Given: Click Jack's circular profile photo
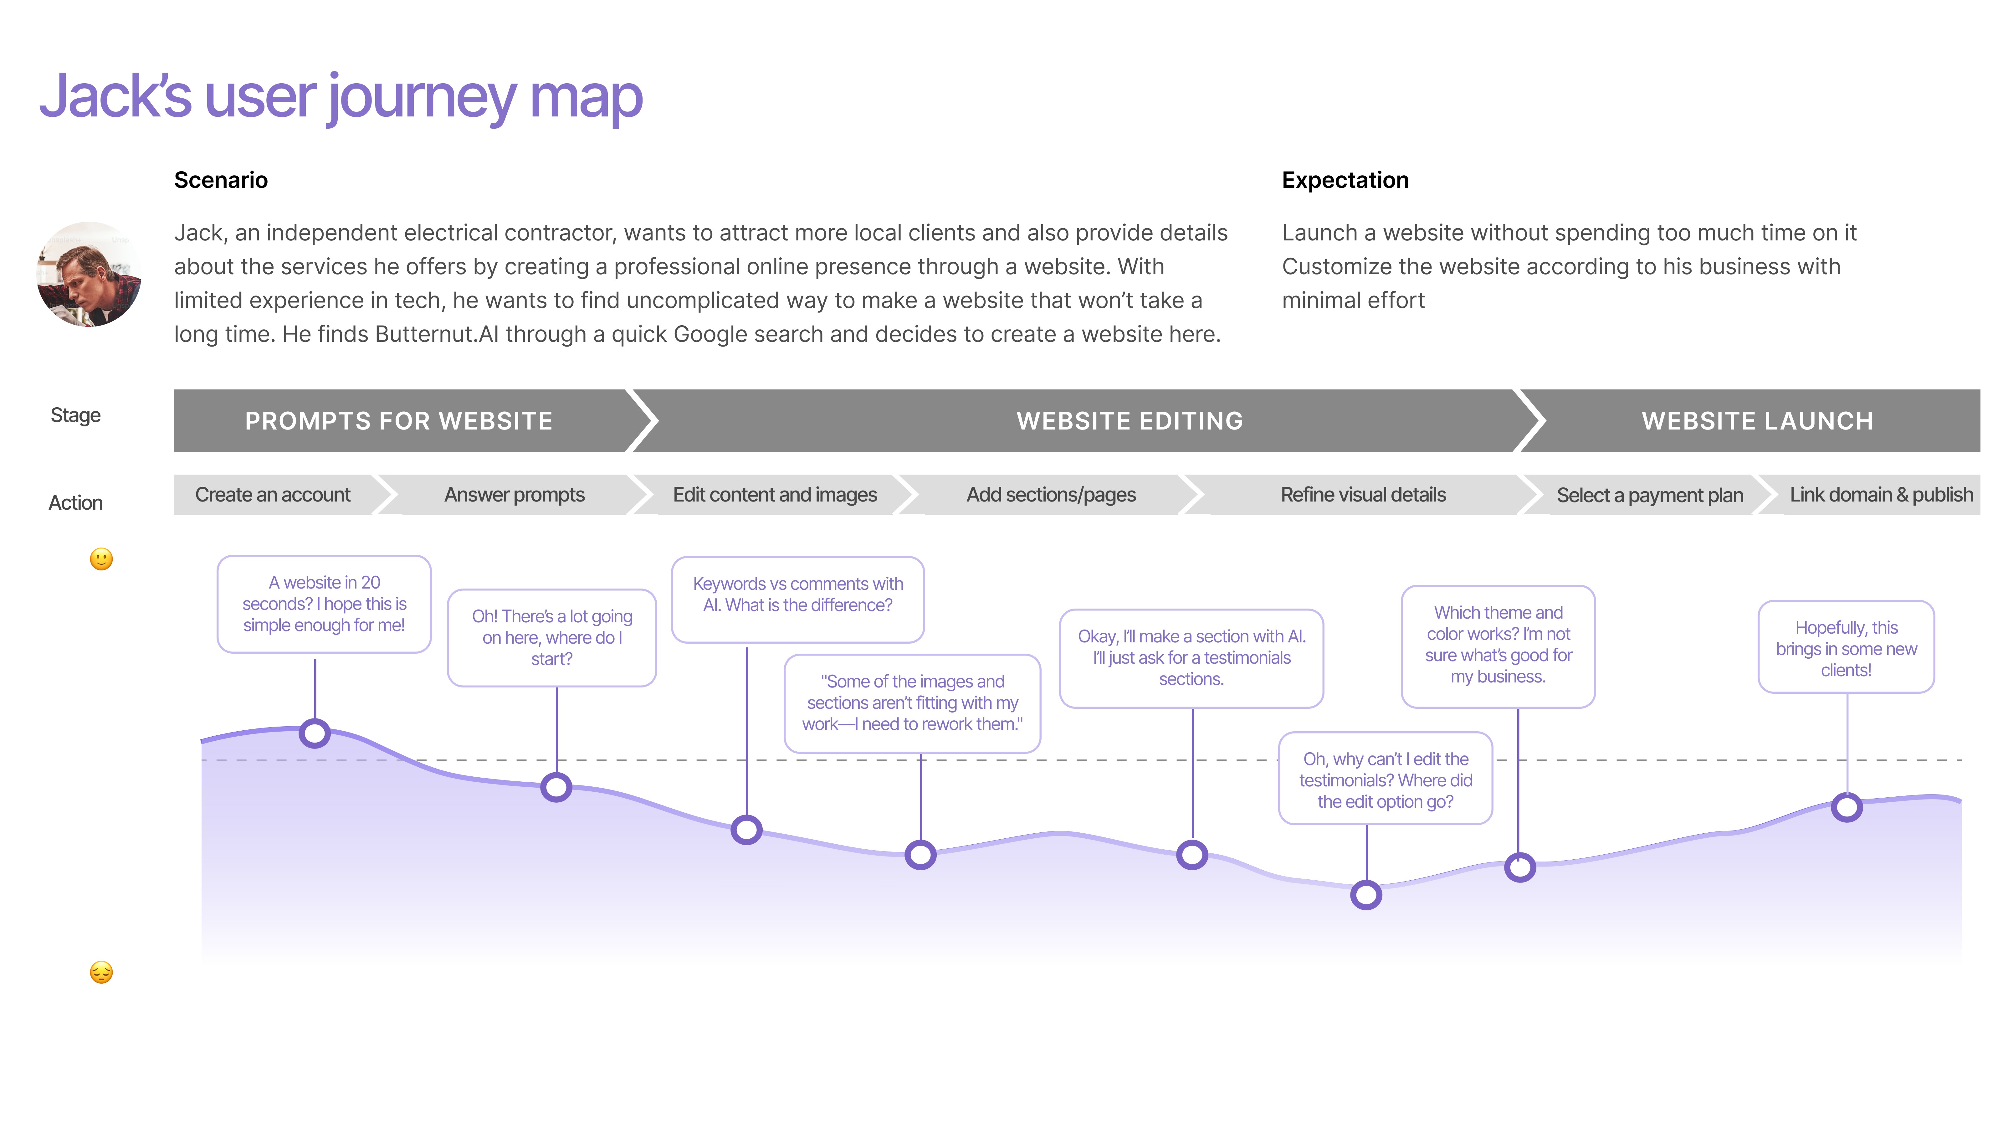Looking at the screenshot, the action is (x=89, y=275).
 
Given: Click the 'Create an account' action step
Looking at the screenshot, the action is (x=273, y=495).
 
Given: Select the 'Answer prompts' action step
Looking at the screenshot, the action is (x=514, y=495).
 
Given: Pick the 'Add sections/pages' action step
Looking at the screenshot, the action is (x=1051, y=495).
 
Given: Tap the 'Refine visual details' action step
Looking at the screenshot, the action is (x=1363, y=495).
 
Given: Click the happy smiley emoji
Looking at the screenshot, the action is (x=101, y=559).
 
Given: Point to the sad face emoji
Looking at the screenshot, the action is (x=101, y=972).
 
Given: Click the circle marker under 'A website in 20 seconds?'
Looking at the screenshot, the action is (x=315, y=733).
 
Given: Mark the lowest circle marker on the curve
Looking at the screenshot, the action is (x=1366, y=894).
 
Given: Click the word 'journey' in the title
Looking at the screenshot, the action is (x=422, y=97).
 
